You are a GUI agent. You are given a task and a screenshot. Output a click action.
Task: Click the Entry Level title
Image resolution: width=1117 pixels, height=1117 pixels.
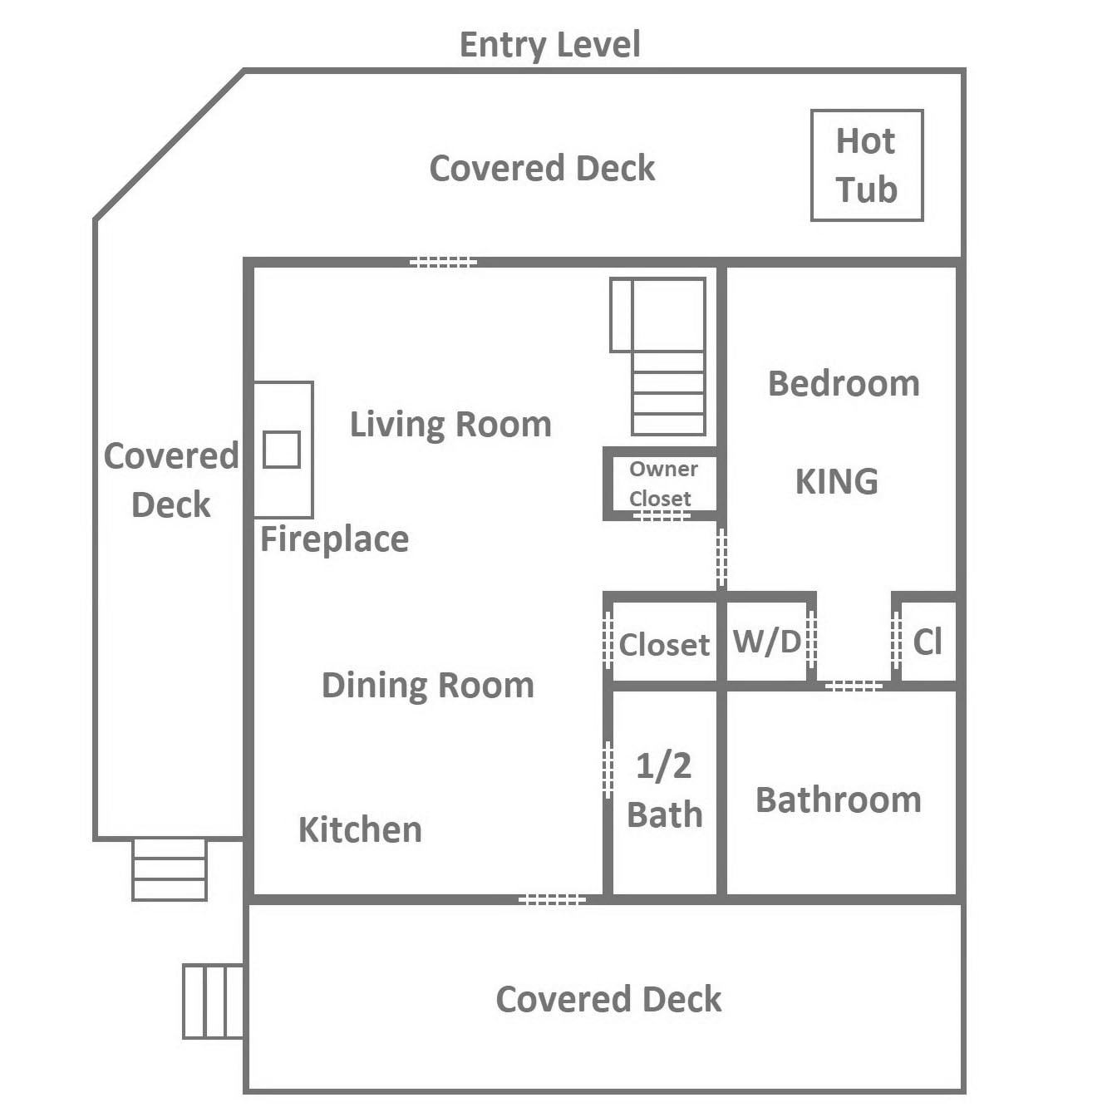tap(549, 45)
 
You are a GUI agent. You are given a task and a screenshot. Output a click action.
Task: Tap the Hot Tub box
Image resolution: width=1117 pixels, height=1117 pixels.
tap(867, 165)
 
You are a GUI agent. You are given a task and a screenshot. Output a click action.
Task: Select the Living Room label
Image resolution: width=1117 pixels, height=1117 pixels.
tap(450, 425)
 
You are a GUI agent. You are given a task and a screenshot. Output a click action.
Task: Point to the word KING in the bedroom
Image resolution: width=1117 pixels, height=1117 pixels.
tap(836, 481)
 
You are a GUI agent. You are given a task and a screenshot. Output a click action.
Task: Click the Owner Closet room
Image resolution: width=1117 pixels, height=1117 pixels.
tap(660, 484)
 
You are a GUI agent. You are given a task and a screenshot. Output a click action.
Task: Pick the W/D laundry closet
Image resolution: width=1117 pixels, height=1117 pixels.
tap(767, 642)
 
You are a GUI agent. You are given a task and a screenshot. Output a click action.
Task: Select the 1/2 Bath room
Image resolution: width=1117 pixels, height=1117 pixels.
tap(664, 792)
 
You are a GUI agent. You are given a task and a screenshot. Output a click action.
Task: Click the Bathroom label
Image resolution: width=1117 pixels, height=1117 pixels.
tap(839, 800)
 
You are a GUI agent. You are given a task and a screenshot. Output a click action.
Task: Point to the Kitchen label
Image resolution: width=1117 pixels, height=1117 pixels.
tap(360, 829)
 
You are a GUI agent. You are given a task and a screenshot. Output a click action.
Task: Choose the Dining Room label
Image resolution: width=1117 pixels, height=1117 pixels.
tap(428, 686)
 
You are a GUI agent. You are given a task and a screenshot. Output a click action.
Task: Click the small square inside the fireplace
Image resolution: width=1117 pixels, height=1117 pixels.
tap(282, 450)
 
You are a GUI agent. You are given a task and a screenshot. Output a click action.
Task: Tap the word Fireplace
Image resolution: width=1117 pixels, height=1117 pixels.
tap(334, 539)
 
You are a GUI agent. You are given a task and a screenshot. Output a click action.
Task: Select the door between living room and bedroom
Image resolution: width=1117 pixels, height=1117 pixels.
tap(721, 558)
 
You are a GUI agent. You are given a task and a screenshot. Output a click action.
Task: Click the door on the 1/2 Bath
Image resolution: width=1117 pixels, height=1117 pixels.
tap(608, 770)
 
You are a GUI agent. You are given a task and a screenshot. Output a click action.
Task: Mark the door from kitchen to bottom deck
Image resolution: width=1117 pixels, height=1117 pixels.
tap(553, 899)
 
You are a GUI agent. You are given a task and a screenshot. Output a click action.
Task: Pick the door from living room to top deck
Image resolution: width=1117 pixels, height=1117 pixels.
tap(444, 262)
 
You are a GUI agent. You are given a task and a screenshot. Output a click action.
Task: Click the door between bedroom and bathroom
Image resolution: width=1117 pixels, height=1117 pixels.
tap(854, 686)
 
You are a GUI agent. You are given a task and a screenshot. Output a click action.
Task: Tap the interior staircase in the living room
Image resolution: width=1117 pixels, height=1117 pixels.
tap(658, 356)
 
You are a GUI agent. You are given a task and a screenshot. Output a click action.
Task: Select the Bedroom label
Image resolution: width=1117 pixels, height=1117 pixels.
tap(844, 384)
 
